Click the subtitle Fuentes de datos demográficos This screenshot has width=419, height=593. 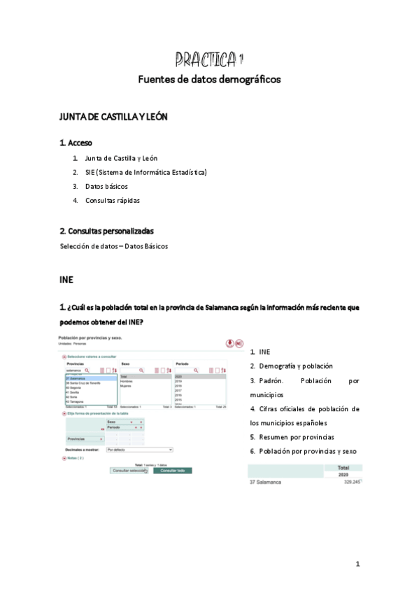(x=209, y=80)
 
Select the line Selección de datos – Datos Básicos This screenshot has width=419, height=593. (x=114, y=246)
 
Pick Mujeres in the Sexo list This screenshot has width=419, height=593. (x=127, y=385)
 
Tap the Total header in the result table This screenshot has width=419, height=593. (x=343, y=468)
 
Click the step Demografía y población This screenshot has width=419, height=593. (x=294, y=366)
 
